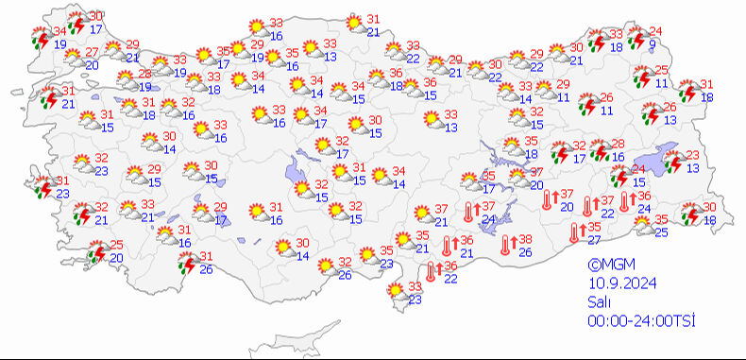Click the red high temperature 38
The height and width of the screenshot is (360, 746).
coord(527,239)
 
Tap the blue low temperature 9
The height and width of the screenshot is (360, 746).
coord(653,43)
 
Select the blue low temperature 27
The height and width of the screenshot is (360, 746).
coord(593,240)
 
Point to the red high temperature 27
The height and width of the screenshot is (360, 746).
coord(92,52)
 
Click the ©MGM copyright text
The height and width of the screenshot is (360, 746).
coord(610,266)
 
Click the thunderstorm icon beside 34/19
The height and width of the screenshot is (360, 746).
coord(39,38)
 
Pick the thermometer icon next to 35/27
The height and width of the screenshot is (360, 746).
coord(575,233)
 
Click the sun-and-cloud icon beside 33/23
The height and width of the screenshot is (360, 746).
coord(395,294)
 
